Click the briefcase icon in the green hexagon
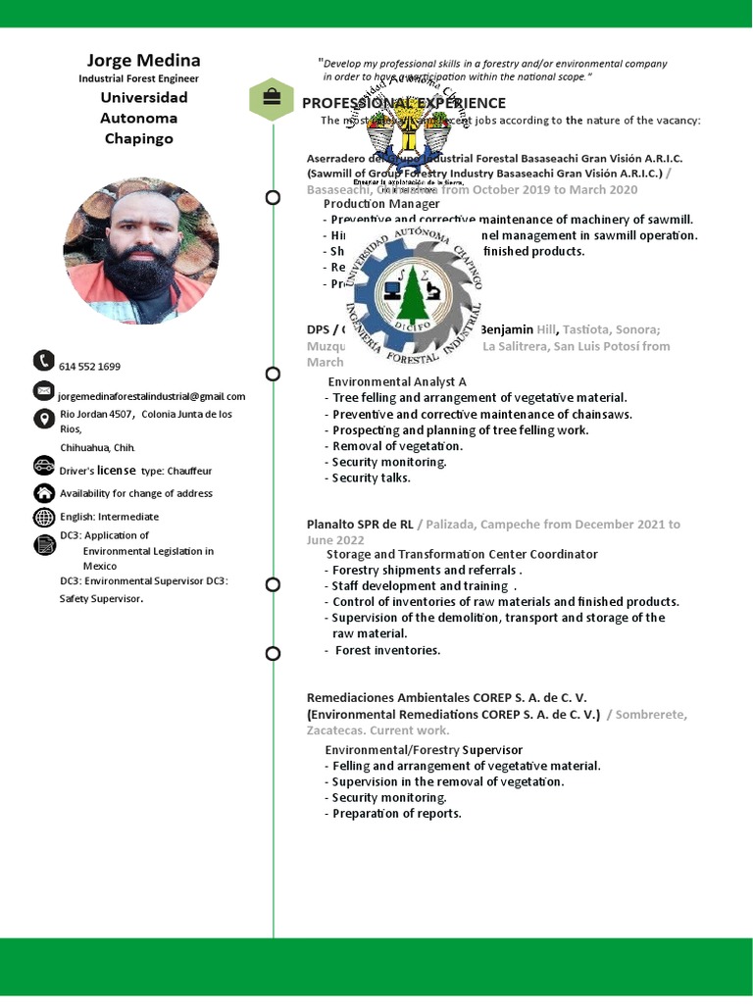click(x=272, y=99)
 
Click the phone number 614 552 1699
click(x=90, y=367)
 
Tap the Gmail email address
click(x=152, y=396)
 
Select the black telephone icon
click(x=43, y=361)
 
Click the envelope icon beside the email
click(x=43, y=390)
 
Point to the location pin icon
click(x=43, y=420)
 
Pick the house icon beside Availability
click(x=43, y=492)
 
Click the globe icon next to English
click(x=43, y=517)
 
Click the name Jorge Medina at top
click(x=143, y=60)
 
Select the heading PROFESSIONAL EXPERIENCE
click(x=403, y=103)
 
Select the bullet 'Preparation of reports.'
click(x=396, y=813)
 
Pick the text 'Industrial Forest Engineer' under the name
click(x=139, y=78)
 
